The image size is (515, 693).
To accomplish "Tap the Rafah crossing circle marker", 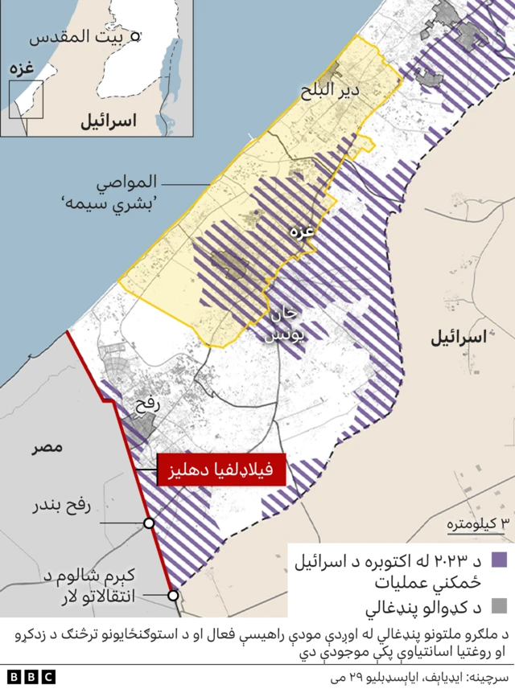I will point(149,523).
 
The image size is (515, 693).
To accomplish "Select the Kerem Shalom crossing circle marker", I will point(173,596).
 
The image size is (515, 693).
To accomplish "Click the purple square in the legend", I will point(501,560).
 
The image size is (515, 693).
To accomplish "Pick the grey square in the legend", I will point(501,603).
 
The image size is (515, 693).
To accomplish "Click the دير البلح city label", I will point(348,91).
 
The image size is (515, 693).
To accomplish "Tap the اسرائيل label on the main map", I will point(459,338).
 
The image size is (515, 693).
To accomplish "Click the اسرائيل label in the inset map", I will point(107,121).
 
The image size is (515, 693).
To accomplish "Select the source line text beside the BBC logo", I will point(418,679).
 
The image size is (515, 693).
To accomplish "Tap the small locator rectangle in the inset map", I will point(27,99).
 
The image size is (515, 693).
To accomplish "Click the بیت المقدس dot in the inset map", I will point(136,35).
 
